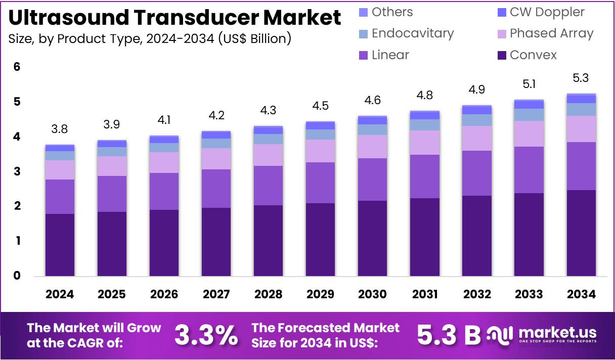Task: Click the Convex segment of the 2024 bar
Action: [60, 245]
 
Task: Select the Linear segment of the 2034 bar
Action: [581, 166]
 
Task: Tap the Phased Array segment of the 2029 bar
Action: [320, 151]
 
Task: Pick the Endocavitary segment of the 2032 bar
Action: [476, 120]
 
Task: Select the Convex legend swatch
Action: [502, 55]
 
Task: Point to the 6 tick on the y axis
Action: [17, 67]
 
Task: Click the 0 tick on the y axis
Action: [17, 276]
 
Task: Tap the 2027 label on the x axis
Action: [216, 294]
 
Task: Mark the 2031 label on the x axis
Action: [424, 294]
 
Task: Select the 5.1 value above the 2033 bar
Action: [529, 85]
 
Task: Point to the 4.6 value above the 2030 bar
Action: [372, 101]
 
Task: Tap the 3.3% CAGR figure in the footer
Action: [206, 334]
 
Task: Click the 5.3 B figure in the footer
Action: [449, 334]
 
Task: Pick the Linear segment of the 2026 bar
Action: [164, 191]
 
